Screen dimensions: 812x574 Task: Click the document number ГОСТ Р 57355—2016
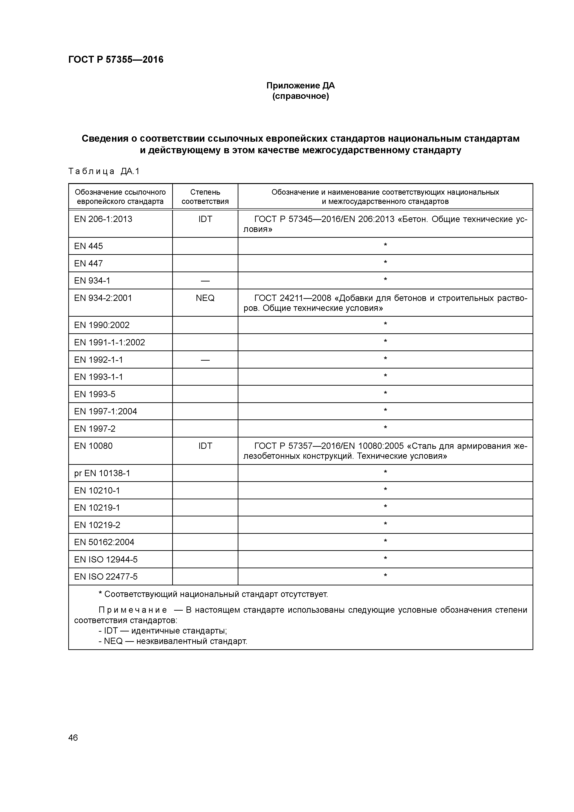click(x=116, y=60)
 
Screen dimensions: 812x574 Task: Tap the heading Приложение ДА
click(x=300, y=86)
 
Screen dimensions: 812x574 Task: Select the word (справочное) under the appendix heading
click(x=300, y=96)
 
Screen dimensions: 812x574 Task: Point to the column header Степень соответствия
click(x=205, y=197)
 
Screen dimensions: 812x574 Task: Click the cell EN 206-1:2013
click(x=103, y=219)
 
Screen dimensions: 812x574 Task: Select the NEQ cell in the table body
click(x=205, y=298)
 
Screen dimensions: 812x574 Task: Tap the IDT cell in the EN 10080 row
click(x=205, y=446)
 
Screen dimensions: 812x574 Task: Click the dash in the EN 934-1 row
click(x=205, y=281)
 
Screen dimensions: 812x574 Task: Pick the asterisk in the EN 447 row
click(x=385, y=263)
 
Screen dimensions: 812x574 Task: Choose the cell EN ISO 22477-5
click(x=106, y=577)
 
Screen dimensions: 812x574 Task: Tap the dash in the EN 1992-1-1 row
click(x=205, y=360)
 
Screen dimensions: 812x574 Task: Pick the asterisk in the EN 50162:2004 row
click(x=385, y=541)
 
